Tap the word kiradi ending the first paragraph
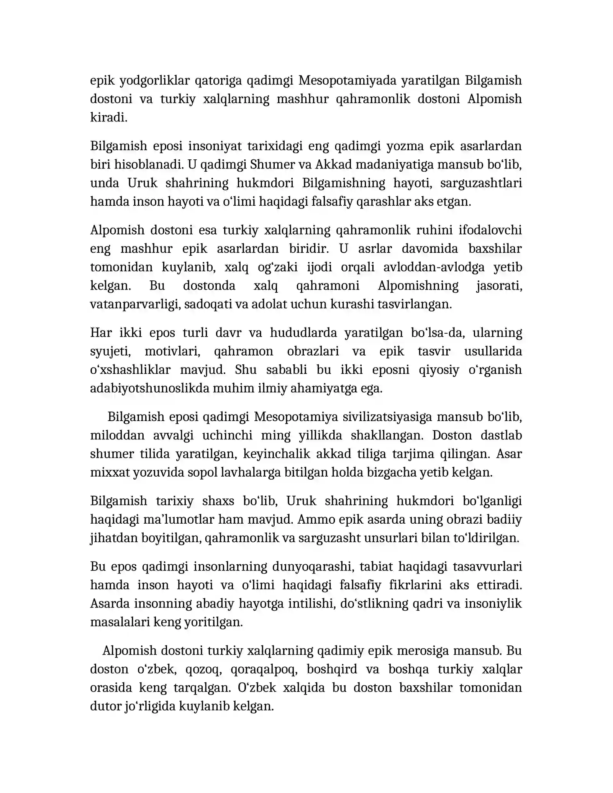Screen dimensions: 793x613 (x=108, y=118)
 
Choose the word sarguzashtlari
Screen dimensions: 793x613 (x=481, y=183)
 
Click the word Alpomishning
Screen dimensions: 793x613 (x=418, y=285)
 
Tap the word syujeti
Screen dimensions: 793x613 (x=110, y=351)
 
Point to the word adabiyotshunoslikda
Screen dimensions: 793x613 (x=149, y=388)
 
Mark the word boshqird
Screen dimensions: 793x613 (x=332, y=669)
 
